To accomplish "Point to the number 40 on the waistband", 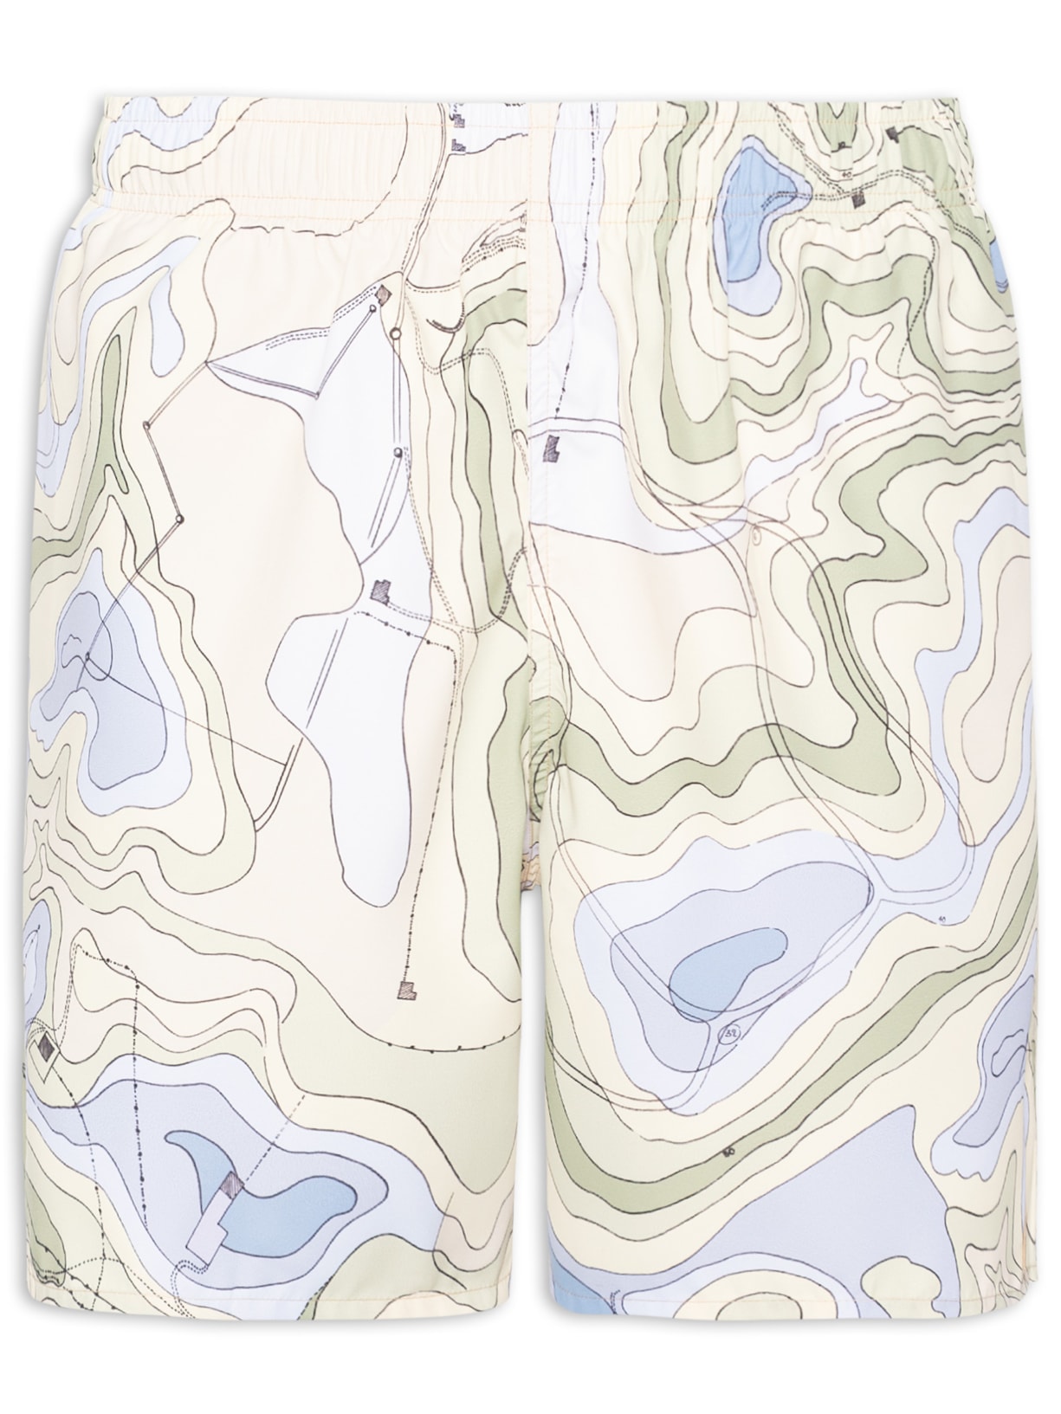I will pyautogui.click(x=846, y=174).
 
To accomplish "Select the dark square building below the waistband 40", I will pyautogui.click(x=859, y=199).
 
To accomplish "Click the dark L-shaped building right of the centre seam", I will pyautogui.click(x=551, y=449).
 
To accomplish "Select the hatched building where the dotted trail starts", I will pyautogui.click(x=381, y=591).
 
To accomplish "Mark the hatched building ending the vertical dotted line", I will pyautogui.click(x=405, y=988).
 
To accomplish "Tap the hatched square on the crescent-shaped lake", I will pyautogui.click(x=230, y=1184).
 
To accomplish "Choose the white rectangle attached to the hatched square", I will pyautogui.click(x=206, y=1218).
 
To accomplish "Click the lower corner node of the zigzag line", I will pyautogui.click(x=180, y=519).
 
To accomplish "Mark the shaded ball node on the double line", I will pyautogui.click(x=397, y=451).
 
